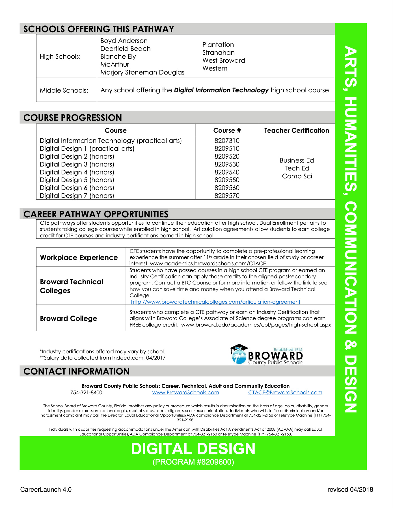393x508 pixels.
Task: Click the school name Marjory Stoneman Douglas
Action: (x=142, y=73)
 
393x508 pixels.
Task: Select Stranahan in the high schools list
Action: (x=218, y=53)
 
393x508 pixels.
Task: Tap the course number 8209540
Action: (x=227, y=172)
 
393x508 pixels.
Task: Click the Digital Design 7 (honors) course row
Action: (x=77, y=196)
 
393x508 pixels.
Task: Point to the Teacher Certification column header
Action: (x=296, y=130)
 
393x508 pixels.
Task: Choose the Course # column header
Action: (x=227, y=130)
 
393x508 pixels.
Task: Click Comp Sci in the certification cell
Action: (x=297, y=176)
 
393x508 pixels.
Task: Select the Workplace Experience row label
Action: (x=79, y=257)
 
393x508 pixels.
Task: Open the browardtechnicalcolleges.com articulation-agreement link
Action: (x=215, y=302)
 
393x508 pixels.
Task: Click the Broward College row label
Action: (x=68, y=318)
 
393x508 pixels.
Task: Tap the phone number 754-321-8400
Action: (x=86, y=393)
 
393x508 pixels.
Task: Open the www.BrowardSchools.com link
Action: (x=185, y=393)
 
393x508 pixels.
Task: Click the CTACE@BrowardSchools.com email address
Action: (x=285, y=393)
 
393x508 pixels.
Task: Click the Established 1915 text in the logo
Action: (x=288, y=349)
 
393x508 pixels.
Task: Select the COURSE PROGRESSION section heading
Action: (x=73, y=118)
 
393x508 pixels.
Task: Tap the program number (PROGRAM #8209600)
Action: (x=193, y=462)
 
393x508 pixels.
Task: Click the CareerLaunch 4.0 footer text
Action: (x=46, y=490)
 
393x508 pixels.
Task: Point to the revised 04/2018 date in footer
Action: (x=350, y=490)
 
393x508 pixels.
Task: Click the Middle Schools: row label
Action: (x=64, y=90)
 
